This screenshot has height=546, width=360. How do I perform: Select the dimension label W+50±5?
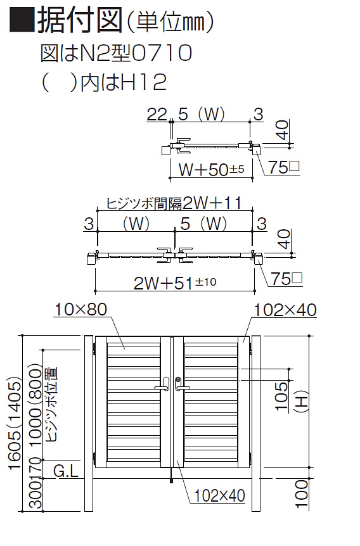tap(212, 170)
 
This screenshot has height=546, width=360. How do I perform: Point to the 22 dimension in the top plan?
tap(157, 114)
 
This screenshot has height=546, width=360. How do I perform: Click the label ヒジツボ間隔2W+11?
tap(174, 203)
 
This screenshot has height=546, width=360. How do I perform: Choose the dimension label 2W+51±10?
tap(176, 283)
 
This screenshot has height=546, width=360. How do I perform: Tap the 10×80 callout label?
tap(81, 309)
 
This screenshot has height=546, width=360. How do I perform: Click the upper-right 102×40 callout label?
tap(285, 310)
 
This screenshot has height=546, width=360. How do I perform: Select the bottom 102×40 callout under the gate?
tap(219, 495)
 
